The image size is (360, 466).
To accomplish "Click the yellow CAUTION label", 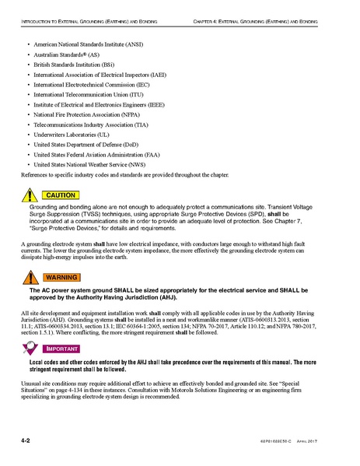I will pos(61,194).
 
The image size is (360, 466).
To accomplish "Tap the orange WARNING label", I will pos(61,277).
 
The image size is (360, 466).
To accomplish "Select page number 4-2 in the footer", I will pos(26,441).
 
